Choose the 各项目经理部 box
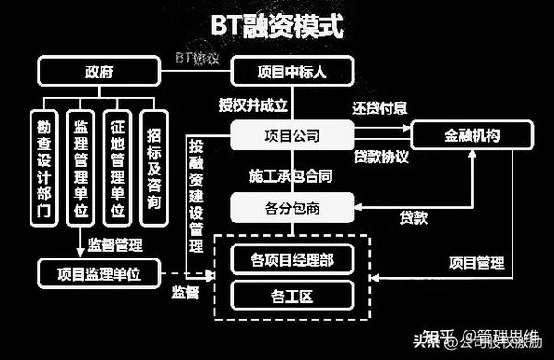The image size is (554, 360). (292, 261)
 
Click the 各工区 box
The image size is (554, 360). (292, 297)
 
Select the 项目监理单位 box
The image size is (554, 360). (98, 272)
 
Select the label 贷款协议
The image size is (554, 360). (380, 156)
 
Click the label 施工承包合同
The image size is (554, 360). (290, 174)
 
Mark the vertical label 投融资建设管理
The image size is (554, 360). (196, 196)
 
